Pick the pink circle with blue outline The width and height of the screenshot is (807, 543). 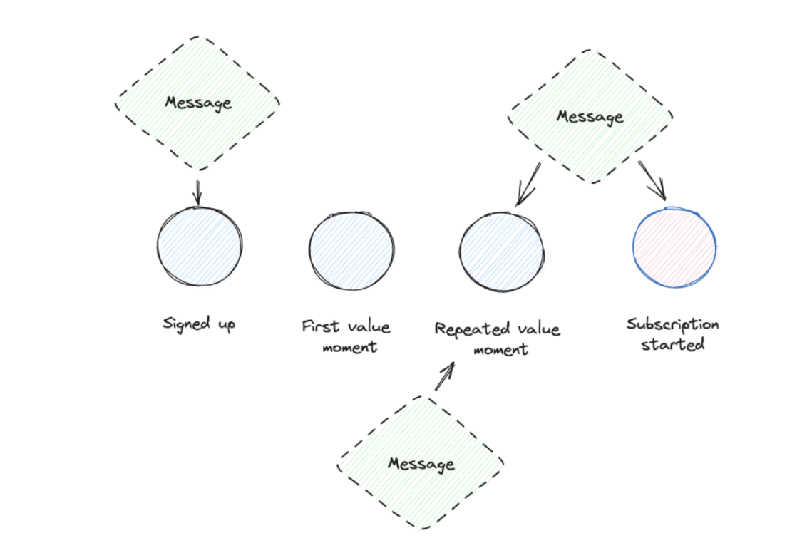coord(674,247)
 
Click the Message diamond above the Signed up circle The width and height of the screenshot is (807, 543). coord(198,103)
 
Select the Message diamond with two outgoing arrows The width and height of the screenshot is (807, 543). coord(590,116)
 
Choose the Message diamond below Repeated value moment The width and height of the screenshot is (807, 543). coord(421,463)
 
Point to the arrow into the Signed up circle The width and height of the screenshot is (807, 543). coord(198,191)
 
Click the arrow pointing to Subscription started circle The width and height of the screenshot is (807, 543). coord(652,180)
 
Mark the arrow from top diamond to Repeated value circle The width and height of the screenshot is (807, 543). coord(528,185)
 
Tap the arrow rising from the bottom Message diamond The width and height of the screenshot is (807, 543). coord(445,375)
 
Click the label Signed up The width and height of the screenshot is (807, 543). coord(199,324)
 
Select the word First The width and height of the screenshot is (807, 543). coord(319,327)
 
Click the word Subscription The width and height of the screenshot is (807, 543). coord(673,325)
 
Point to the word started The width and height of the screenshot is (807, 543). coord(673,345)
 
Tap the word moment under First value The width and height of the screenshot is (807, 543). coord(349,347)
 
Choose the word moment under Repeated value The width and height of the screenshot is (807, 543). coord(501,349)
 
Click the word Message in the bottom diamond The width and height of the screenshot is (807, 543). coord(421,464)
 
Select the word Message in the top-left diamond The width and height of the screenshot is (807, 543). coord(198,103)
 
